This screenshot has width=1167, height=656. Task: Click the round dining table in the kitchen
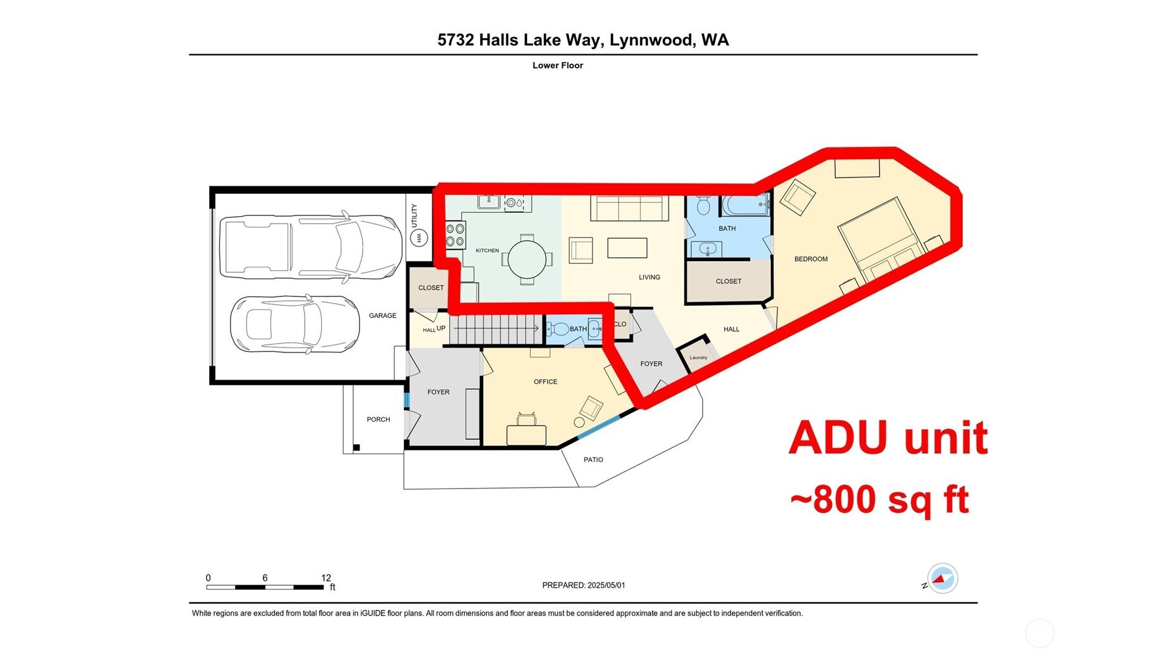pyautogui.click(x=526, y=259)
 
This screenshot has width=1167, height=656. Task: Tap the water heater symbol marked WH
pyautogui.click(x=418, y=238)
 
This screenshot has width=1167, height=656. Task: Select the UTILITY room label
pyautogui.click(x=414, y=215)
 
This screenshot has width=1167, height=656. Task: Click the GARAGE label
pyautogui.click(x=382, y=315)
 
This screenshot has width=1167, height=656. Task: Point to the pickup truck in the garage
pyautogui.click(x=310, y=247)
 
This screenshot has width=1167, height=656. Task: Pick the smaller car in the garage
pyautogui.click(x=294, y=325)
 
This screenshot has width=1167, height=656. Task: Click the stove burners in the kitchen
pyautogui.click(x=455, y=234)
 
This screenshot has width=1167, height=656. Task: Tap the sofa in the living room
pyautogui.click(x=629, y=208)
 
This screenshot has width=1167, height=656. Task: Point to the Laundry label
pyautogui.click(x=698, y=358)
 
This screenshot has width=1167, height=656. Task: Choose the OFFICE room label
pyautogui.click(x=545, y=382)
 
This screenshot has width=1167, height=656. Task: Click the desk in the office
pyautogui.click(x=526, y=435)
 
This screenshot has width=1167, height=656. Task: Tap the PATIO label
pyautogui.click(x=593, y=459)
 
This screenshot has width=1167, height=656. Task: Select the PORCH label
pyautogui.click(x=378, y=420)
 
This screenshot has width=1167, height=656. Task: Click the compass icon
pyautogui.click(x=942, y=578)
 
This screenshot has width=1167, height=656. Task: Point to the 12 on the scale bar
pyautogui.click(x=326, y=578)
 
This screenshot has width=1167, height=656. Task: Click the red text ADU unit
pyautogui.click(x=887, y=437)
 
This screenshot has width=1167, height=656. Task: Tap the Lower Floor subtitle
pyautogui.click(x=557, y=65)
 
